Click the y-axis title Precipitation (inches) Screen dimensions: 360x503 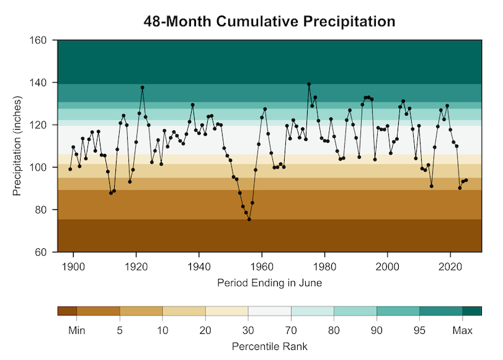click(x=18, y=146)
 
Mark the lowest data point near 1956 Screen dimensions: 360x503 click(x=249, y=219)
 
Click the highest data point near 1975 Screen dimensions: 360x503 click(x=309, y=84)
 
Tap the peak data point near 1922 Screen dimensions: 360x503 click(x=142, y=88)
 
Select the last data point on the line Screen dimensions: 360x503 click(x=466, y=180)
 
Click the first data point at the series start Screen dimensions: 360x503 click(x=70, y=169)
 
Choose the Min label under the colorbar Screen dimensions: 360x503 click(x=76, y=331)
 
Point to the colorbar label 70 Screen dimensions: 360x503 click(x=291, y=331)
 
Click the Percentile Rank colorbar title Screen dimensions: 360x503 click(x=269, y=346)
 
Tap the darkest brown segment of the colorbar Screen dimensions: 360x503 click(x=67, y=311)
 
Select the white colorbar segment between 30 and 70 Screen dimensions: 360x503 click(x=269, y=311)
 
